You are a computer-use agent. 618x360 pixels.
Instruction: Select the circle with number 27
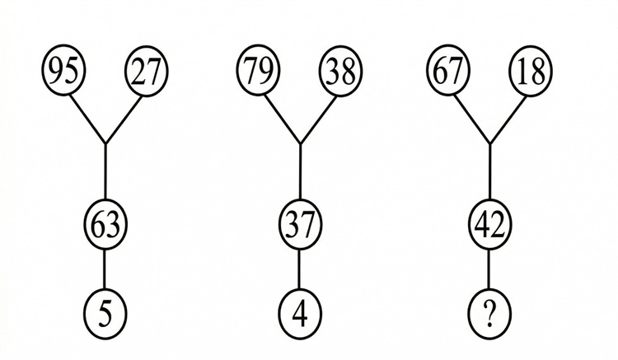[146, 72]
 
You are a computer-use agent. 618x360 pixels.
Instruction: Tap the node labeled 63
[105, 222]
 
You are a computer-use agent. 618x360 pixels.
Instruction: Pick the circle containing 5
[105, 313]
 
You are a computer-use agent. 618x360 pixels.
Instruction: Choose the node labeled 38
[340, 72]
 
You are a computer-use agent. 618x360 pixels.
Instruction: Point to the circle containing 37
[299, 222]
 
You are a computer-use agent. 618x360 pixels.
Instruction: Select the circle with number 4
[299, 313]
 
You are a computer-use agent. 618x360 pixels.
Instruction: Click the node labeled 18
[531, 72]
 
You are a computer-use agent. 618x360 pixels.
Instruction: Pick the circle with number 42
[490, 222]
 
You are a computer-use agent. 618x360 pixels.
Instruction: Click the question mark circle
[490, 313]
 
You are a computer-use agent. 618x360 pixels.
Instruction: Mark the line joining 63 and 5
[105, 268]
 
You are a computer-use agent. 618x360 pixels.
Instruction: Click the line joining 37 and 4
[299, 268]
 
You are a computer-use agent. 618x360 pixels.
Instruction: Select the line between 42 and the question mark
[490, 268]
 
